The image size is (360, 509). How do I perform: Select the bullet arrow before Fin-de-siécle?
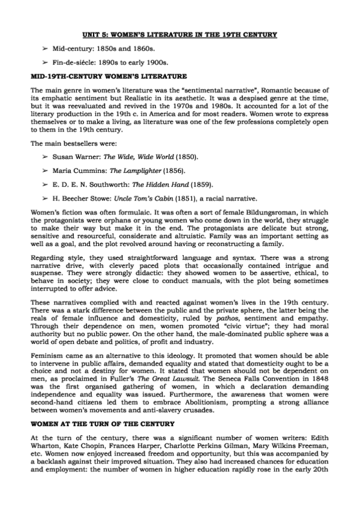45,62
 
